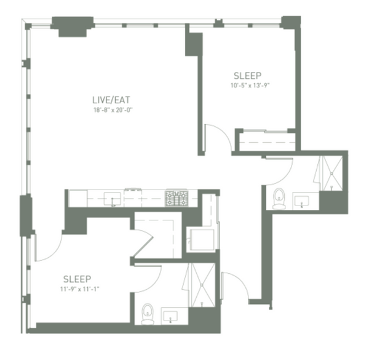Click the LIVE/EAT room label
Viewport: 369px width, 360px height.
click(111, 100)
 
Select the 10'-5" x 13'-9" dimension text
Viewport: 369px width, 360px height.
click(250, 86)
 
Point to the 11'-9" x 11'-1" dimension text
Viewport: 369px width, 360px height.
click(79, 289)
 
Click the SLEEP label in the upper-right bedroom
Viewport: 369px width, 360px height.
click(247, 76)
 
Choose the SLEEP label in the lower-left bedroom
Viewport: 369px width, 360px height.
click(77, 279)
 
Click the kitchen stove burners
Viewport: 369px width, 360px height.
click(177, 198)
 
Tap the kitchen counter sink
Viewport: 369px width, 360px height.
click(113, 199)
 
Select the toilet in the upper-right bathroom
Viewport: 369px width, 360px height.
click(279, 198)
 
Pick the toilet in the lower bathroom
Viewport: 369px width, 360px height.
click(148, 314)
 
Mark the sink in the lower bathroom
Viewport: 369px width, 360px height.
click(170, 316)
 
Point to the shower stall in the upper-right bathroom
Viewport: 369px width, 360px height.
click(331, 173)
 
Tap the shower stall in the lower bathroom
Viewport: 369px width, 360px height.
click(202, 285)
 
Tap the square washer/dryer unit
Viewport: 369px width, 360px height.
click(202, 239)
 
